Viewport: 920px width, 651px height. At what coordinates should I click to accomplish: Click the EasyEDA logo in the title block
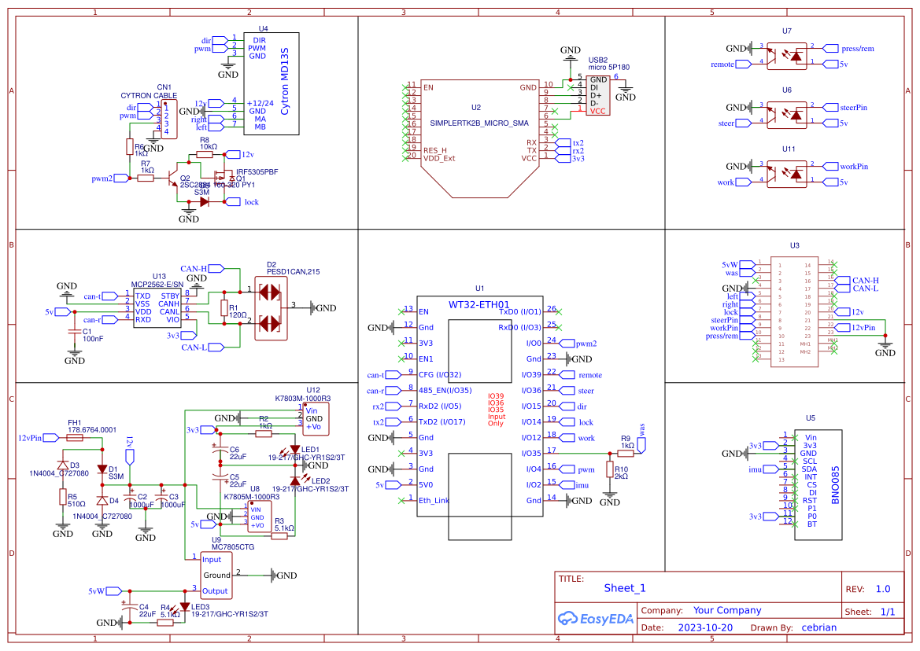(x=594, y=618)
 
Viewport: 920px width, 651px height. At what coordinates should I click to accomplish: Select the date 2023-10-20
(x=704, y=627)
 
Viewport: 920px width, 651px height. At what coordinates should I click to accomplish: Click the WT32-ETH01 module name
(x=478, y=304)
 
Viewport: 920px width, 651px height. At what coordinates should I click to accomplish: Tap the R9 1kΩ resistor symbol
(x=626, y=454)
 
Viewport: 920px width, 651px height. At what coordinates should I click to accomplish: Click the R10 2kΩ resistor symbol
(x=610, y=469)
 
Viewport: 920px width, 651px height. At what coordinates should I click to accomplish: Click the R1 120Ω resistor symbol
(x=224, y=307)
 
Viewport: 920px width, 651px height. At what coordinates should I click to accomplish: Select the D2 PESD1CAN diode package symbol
(x=270, y=307)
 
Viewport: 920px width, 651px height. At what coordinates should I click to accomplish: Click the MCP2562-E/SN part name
(x=157, y=284)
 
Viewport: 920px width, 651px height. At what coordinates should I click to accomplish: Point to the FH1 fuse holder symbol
(x=76, y=437)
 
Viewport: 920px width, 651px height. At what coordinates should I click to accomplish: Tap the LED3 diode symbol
(x=184, y=607)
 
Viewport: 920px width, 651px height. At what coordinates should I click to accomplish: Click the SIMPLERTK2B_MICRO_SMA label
(x=479, y=123)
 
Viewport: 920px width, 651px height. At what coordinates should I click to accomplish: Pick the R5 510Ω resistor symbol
(x=62, y=497)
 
